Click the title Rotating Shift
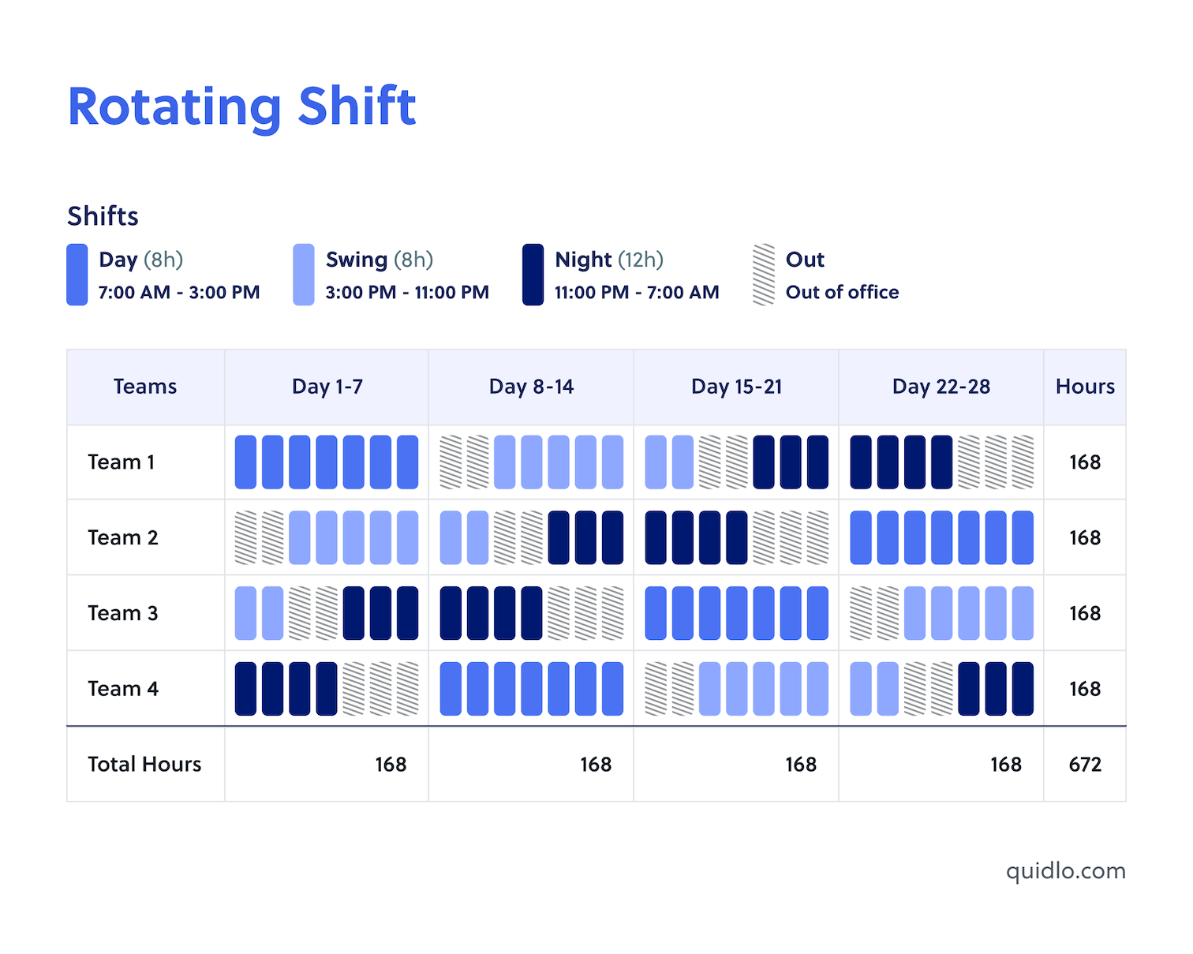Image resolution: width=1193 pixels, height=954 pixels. tap(241, 107)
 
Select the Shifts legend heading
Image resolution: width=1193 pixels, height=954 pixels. tap(103, 215)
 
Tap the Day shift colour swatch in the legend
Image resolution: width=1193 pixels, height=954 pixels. tap(77, 275)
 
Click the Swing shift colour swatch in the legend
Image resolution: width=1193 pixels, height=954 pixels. tap(303, 275)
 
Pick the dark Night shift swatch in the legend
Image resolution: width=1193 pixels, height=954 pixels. tap(533, 275)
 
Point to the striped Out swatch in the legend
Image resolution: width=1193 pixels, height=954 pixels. tap(763, 275)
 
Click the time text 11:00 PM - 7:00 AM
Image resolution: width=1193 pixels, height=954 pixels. tap(636, 293)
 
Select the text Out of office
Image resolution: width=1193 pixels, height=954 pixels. tap(842, 293)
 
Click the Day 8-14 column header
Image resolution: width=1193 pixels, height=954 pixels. tap(531, 387)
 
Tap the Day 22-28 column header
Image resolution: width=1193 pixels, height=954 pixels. tap(941, 387)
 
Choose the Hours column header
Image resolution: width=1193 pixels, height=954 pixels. tap(1085, 387)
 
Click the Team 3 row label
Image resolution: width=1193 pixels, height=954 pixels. tap(122, 613)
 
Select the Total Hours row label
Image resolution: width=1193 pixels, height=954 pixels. tap(144, 764)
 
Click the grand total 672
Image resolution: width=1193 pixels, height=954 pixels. tap(1085, 764)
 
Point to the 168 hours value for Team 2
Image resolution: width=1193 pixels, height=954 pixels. tap(1085, 537)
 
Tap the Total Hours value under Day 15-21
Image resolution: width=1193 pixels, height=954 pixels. tap(800, 764)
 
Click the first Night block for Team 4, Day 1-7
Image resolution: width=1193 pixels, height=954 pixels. tap(245, 689)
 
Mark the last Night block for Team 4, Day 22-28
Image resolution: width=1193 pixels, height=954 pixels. tap(1023, 689)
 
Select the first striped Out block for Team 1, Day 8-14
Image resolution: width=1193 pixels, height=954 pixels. tap(451, 462)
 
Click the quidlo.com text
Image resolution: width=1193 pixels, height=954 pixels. tap(1065, 871)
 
